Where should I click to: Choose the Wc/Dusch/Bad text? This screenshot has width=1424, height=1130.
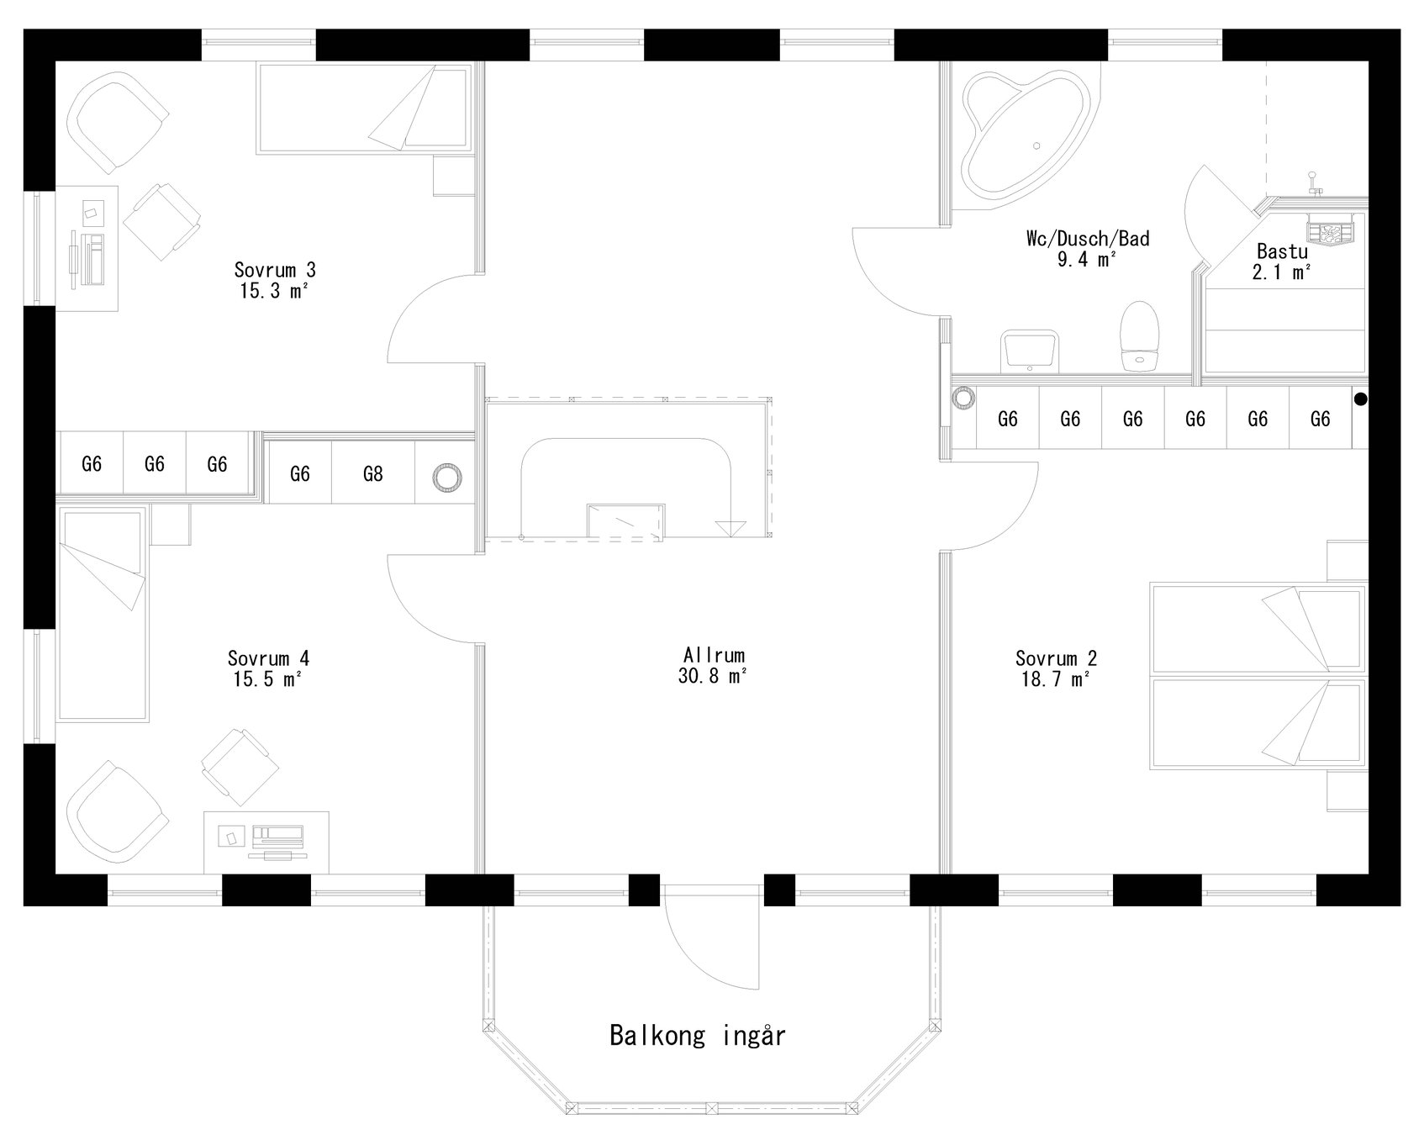[x=1087, y=248]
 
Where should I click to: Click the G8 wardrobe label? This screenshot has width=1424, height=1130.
[x=372, y=474]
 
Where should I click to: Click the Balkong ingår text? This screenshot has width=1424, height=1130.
[x=697, y=1035]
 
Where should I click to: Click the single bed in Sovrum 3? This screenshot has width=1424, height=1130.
[x=361, y=109]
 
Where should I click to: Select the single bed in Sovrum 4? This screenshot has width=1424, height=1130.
[x=102, y=614]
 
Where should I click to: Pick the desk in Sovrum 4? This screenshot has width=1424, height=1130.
[x=266, y=842]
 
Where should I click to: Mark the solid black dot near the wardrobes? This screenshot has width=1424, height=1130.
[x=1360, y=400]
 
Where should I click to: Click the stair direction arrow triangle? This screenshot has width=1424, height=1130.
[x=730, y=529]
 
